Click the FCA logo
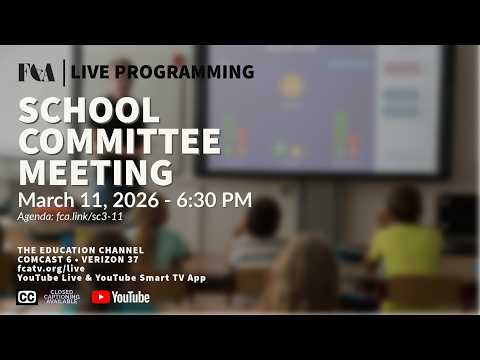coord(37,72)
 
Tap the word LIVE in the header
coord(90,72)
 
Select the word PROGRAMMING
coord(185,72)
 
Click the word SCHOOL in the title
coord(89,110)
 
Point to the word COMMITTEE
coord(120,141)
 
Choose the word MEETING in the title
coord(96,172)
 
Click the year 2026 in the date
coord(136,200)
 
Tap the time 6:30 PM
coord(214,200)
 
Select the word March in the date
coord(46,200)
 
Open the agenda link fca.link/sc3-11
coord(90,216)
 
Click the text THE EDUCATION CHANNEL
coord(81,250)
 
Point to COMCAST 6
coord(45,259)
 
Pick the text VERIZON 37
coord(110,259)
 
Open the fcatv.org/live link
coord(51,268)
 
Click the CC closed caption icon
coord(27,297)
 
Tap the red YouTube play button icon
coord(101,297)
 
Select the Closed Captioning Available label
coord(62,297)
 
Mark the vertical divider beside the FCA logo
coord(64,73)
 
